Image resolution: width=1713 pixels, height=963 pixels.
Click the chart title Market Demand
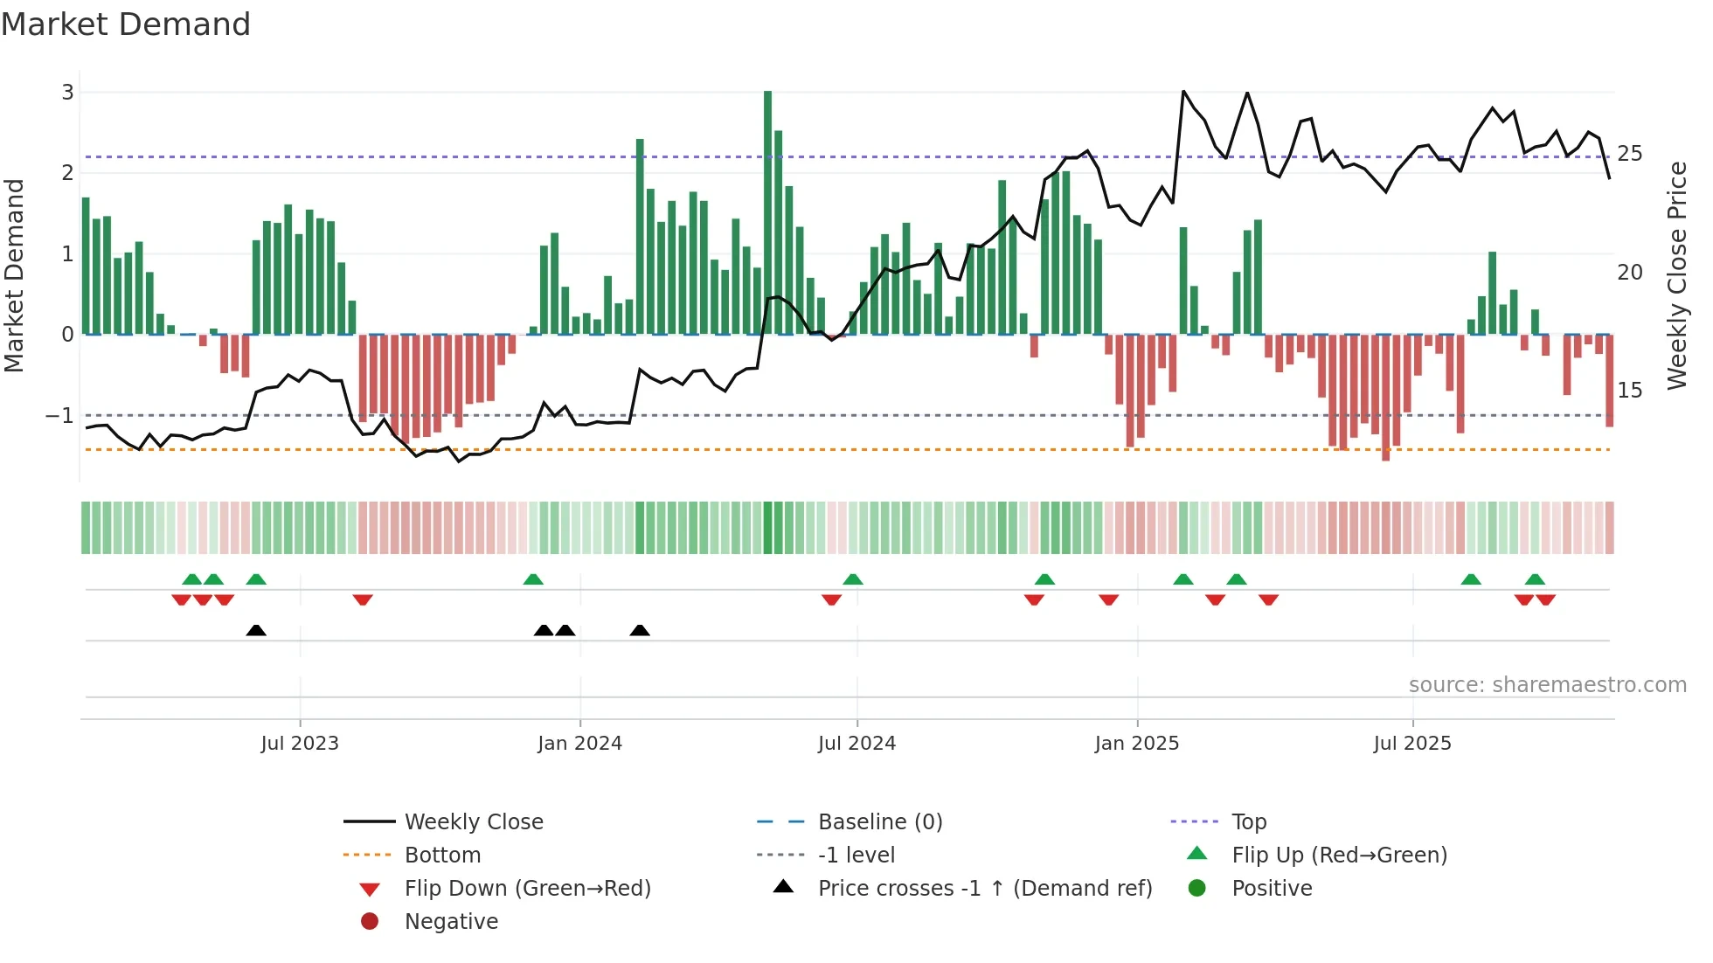click(126, 24)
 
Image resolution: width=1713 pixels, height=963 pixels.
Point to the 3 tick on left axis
click(67, 92)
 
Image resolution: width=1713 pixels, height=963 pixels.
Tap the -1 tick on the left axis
click(59, 415)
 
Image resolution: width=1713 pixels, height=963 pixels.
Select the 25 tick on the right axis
click(1629, 154)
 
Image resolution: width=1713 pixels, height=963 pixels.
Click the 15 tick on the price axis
click(1629, 390)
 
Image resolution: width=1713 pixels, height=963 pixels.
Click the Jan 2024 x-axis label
click(579, 744)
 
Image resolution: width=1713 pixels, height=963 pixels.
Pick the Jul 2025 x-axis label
click(1411, 744)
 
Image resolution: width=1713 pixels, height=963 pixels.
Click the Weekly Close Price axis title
click(1676, 275)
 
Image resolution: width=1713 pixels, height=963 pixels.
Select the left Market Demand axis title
click(14, 275)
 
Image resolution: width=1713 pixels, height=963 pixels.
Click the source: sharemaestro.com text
click(1547, 685)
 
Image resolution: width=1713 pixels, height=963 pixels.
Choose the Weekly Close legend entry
click(473, 822)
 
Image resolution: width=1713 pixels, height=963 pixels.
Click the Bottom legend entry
click(442, 856)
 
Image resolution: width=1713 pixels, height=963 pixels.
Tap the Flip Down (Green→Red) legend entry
click(527, 889)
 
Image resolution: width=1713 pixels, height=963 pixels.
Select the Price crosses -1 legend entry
click(984, 889)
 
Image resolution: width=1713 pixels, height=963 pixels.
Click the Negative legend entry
click(451, 922)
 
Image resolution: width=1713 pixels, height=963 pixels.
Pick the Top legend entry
click(1248, 822)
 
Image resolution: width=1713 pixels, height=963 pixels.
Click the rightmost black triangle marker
click(640, 630)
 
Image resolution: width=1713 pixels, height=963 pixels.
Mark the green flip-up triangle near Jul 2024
click(853, 578)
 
